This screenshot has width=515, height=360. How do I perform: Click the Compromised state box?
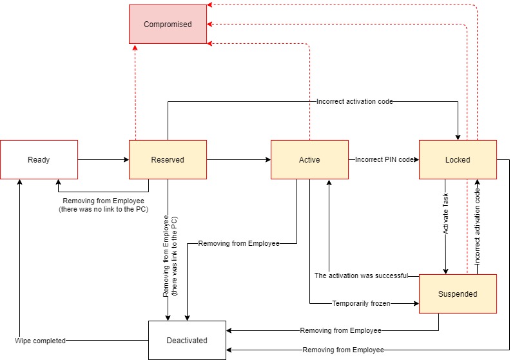tap(168, 25)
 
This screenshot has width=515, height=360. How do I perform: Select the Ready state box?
tap(39, 159)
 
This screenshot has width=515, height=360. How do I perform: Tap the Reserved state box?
tap(168, 159)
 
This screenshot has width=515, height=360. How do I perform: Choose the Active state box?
tap(309, 159)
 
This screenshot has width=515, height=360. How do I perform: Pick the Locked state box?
tap(458, 159)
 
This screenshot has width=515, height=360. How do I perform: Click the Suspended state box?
tap(458, 294)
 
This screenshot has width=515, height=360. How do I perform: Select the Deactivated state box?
tap(187, 340)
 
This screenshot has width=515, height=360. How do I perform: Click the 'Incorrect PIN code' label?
tap(384, 159)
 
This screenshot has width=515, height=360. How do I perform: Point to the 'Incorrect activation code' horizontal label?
tap(355, 101)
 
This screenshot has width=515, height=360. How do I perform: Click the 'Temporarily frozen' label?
tap(361, 303)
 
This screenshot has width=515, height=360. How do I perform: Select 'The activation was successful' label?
tap(361, 275)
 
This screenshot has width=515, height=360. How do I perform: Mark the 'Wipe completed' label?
tap(40, 340)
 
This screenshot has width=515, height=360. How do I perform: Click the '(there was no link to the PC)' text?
tap(103, 210)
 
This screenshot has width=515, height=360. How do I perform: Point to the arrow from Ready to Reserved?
tap(103, 159)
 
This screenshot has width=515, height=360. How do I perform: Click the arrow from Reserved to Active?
tap(238, 159)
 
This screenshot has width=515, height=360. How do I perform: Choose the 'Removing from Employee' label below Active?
tap(238, 243)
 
